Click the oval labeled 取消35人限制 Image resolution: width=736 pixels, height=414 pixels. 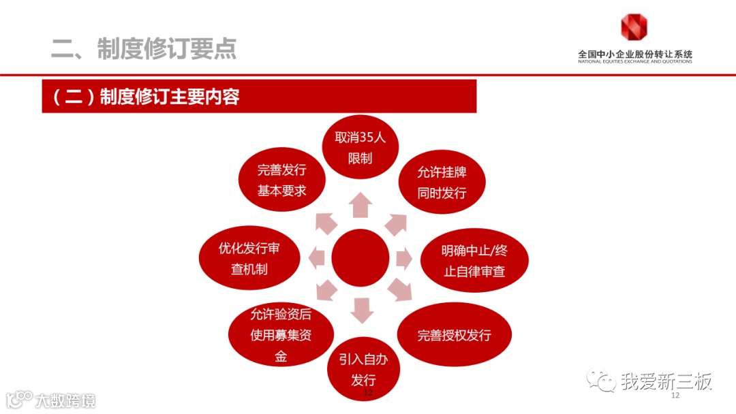click(x=360, y=148)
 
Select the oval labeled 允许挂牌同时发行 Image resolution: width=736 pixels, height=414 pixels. click(x=442, y=182)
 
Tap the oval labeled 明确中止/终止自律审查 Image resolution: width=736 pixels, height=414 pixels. click(x=474, y=261)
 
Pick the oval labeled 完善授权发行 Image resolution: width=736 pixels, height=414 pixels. click(x=454, y=335)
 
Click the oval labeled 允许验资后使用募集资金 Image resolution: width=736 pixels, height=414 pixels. click(x=281, y=335)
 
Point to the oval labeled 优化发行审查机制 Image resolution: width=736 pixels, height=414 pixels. click(x=249, y=259)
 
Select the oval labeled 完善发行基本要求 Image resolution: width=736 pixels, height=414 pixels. click(x=281, y=180)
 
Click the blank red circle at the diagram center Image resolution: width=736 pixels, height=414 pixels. click(x=361, y=258)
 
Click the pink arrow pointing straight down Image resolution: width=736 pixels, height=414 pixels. click(x=362, y=310)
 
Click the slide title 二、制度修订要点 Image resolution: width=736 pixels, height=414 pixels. click(x=144, y=48)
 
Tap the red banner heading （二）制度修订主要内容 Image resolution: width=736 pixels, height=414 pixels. click(x=259, y=97)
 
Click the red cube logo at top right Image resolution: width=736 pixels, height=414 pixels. click(x=634, y=27)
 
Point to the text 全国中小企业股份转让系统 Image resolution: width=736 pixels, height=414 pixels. click(x=634, y=54)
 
